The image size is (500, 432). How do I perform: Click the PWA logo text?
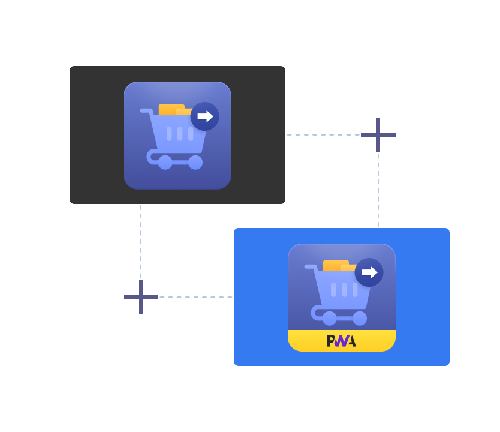(x=341, y=341)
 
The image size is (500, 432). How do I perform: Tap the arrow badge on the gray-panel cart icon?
(x=205, y=116)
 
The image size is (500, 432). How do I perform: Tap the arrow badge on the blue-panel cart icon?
(x=369, y=272)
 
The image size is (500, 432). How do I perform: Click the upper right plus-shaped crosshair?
(x=378, y=135)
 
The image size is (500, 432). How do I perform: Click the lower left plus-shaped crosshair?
(x=141, y=297)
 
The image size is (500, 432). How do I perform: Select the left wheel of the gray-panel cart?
(x=165, y=162)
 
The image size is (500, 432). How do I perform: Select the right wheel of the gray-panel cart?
(x=195, y=162)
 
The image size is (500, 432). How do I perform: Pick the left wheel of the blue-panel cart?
(x=329, y=318)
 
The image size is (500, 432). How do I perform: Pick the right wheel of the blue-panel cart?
(x=360, y=318)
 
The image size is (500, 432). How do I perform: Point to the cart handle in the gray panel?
(x=146, y=111)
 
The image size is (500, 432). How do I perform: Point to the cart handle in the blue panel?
(x=310, y=267)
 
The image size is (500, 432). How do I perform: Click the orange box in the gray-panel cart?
(x=171, y=110)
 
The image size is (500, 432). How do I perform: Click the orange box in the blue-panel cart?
(x=335, y=266)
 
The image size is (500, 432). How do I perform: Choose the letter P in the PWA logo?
(x=331, y=341)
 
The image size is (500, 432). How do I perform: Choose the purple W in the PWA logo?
(x=341, y=341)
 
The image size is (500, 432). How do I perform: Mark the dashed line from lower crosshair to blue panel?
(x=196, y=297)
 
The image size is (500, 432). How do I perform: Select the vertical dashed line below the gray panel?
(x=141, y=240)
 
